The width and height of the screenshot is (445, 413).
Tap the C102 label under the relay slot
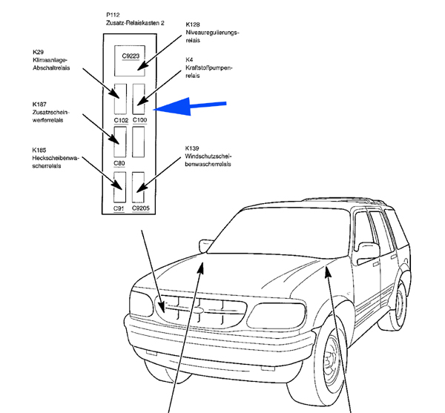(121, 119)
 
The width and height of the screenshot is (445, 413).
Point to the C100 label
(140, 119)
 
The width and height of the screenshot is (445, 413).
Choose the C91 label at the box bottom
(119, 208)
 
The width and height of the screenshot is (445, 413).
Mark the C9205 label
(141, 208)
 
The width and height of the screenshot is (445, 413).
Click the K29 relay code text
(39, 52)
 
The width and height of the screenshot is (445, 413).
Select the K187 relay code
(40, 104)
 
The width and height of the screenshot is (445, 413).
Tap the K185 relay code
(40, 151)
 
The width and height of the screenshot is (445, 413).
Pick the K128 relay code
(194, 26)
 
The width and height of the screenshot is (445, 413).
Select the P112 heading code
(113, 16)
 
